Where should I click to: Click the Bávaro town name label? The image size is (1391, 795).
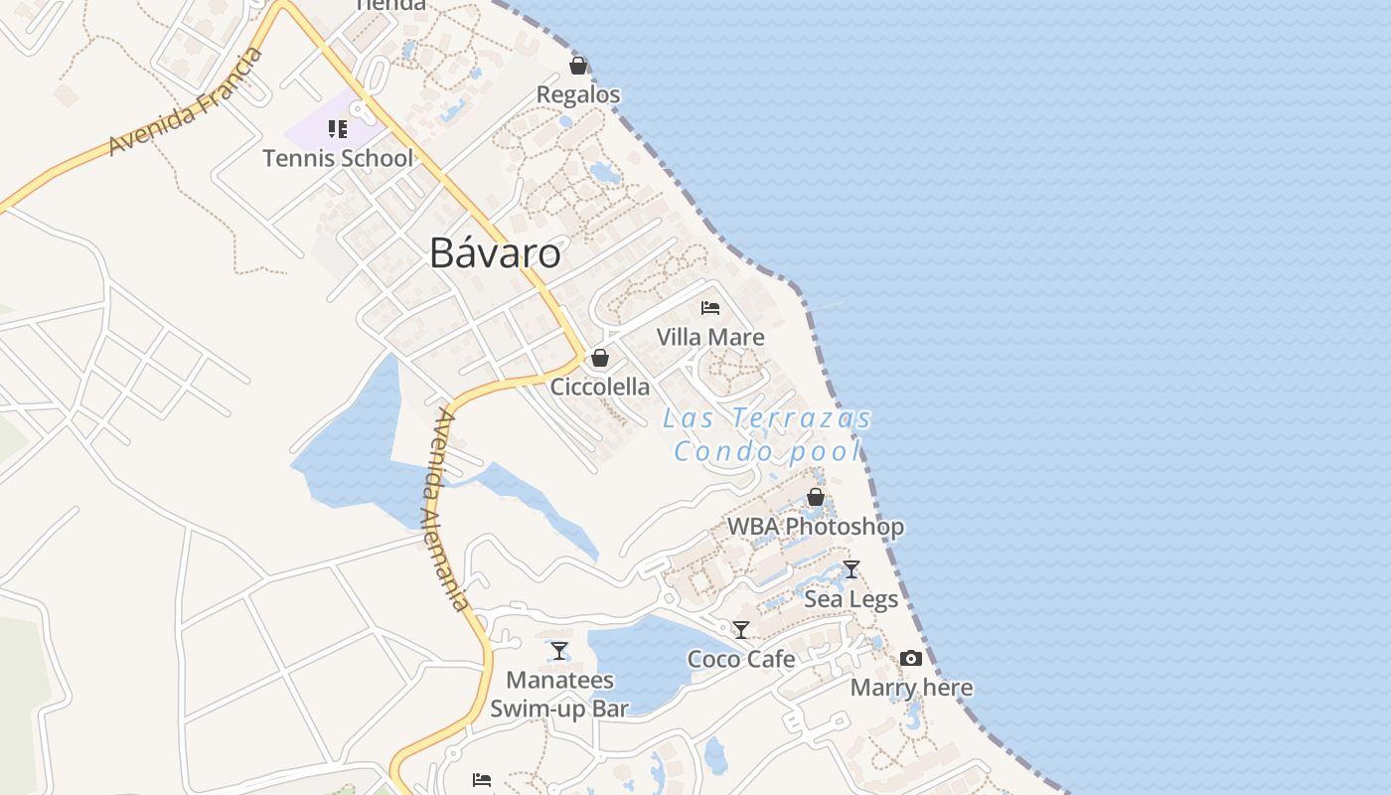tap(495, 253)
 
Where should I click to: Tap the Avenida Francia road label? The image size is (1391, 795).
tap(187, 101)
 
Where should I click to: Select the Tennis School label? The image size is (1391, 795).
tap(338, 158)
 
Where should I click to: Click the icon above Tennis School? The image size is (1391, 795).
tap(338, 129)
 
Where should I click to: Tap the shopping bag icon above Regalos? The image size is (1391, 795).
tap(578, 66)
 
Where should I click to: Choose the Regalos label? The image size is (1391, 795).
tap(578, 94)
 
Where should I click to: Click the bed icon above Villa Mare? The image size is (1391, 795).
tap(710, 308)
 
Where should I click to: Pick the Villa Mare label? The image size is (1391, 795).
tap(710, 337)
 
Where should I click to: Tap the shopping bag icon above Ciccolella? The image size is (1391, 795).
tap(600, 358)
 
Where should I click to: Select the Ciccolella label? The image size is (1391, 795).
tap(600, 387)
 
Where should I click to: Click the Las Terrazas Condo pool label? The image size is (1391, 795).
tap(767, 435)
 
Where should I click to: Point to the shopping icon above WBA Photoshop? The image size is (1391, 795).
tap(816, 497)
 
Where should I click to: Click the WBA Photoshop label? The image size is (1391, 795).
tap(816, 527)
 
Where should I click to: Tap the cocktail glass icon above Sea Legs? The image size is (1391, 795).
tap(851, 569)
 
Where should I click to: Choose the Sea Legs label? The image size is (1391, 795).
tap(851, 599)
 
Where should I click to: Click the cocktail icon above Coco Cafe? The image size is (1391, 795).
tap(741, 629)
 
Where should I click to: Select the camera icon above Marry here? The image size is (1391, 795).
tap(911, 658)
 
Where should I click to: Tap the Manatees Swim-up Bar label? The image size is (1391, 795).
tap(559, 694)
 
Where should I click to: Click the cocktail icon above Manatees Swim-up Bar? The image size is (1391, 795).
tap(559, 651)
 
